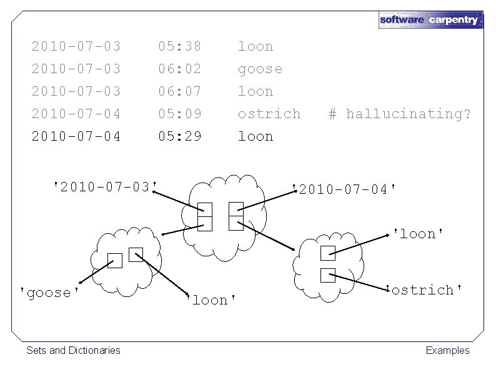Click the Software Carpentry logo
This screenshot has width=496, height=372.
430,19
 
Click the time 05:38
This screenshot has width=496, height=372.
180,46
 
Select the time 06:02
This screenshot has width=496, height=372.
180,69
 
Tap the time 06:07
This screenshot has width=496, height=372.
180,91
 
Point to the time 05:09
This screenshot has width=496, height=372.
180,114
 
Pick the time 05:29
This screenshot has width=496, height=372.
180,136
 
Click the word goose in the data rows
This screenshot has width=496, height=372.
260,69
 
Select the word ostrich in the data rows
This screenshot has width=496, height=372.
269,114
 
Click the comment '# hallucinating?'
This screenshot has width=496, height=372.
400,114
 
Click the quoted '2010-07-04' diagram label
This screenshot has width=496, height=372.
344,188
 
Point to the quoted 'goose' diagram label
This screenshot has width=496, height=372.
50,293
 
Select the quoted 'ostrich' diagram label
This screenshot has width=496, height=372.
425,289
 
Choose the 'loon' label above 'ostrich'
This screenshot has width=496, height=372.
418,234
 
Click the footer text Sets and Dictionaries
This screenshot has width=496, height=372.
73,350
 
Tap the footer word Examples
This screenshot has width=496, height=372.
447,350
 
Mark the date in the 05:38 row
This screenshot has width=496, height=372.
76,46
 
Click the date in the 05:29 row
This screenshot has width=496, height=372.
76,136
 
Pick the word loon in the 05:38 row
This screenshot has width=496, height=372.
255,46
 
